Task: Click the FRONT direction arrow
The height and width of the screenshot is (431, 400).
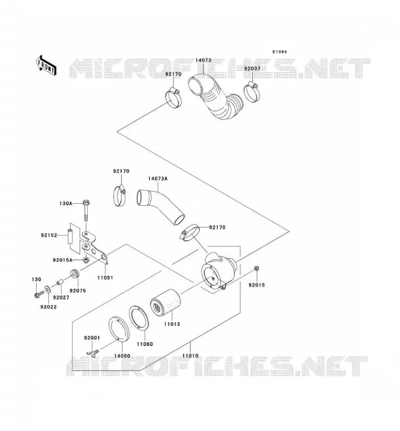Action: pos(46,65)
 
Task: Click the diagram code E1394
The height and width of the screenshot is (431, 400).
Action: pos(279,52)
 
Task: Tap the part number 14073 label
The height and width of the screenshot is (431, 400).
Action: pos(203,60)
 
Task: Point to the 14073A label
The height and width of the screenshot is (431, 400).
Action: pos(157,179)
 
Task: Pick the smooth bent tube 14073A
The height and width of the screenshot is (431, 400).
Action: pos(160,207)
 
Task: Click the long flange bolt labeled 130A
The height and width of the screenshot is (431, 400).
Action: pos(86,211)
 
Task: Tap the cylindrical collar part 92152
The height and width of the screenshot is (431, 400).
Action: pos(71,236)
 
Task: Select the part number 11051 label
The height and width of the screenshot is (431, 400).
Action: pos(105,277)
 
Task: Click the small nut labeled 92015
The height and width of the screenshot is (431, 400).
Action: pos(257,268)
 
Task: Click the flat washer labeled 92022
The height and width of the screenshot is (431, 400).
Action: pos(47,289)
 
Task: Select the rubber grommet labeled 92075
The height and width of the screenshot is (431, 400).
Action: pos(74,274)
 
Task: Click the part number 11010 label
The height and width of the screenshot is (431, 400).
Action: pos(190,356)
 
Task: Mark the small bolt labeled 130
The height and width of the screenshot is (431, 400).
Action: pos(39,294)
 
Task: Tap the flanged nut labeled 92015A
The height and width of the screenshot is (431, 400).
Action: pos(86,260)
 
